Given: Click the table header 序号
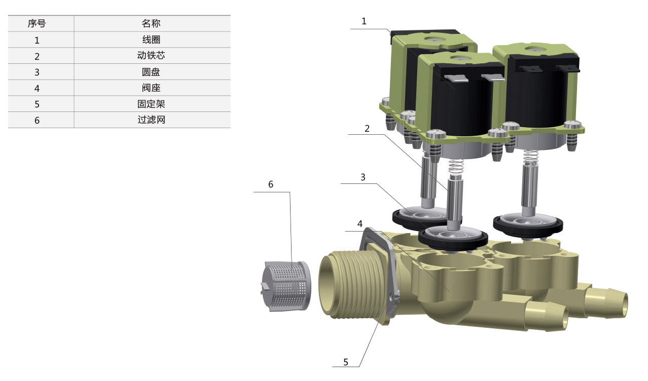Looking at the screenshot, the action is coord(37,23).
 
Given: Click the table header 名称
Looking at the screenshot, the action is coord(151,23).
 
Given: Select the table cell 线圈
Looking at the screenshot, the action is coord(151,40).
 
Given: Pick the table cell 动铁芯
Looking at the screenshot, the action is coord(151,56).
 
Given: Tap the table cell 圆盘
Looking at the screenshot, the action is coord(151,71).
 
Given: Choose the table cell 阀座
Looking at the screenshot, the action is coord(151,88).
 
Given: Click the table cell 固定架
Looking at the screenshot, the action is coord(151,104).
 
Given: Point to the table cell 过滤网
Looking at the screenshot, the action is coord(151,120).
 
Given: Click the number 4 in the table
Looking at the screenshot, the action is coord(37,88).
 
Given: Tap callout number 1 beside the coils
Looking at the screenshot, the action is coord(364,21).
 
